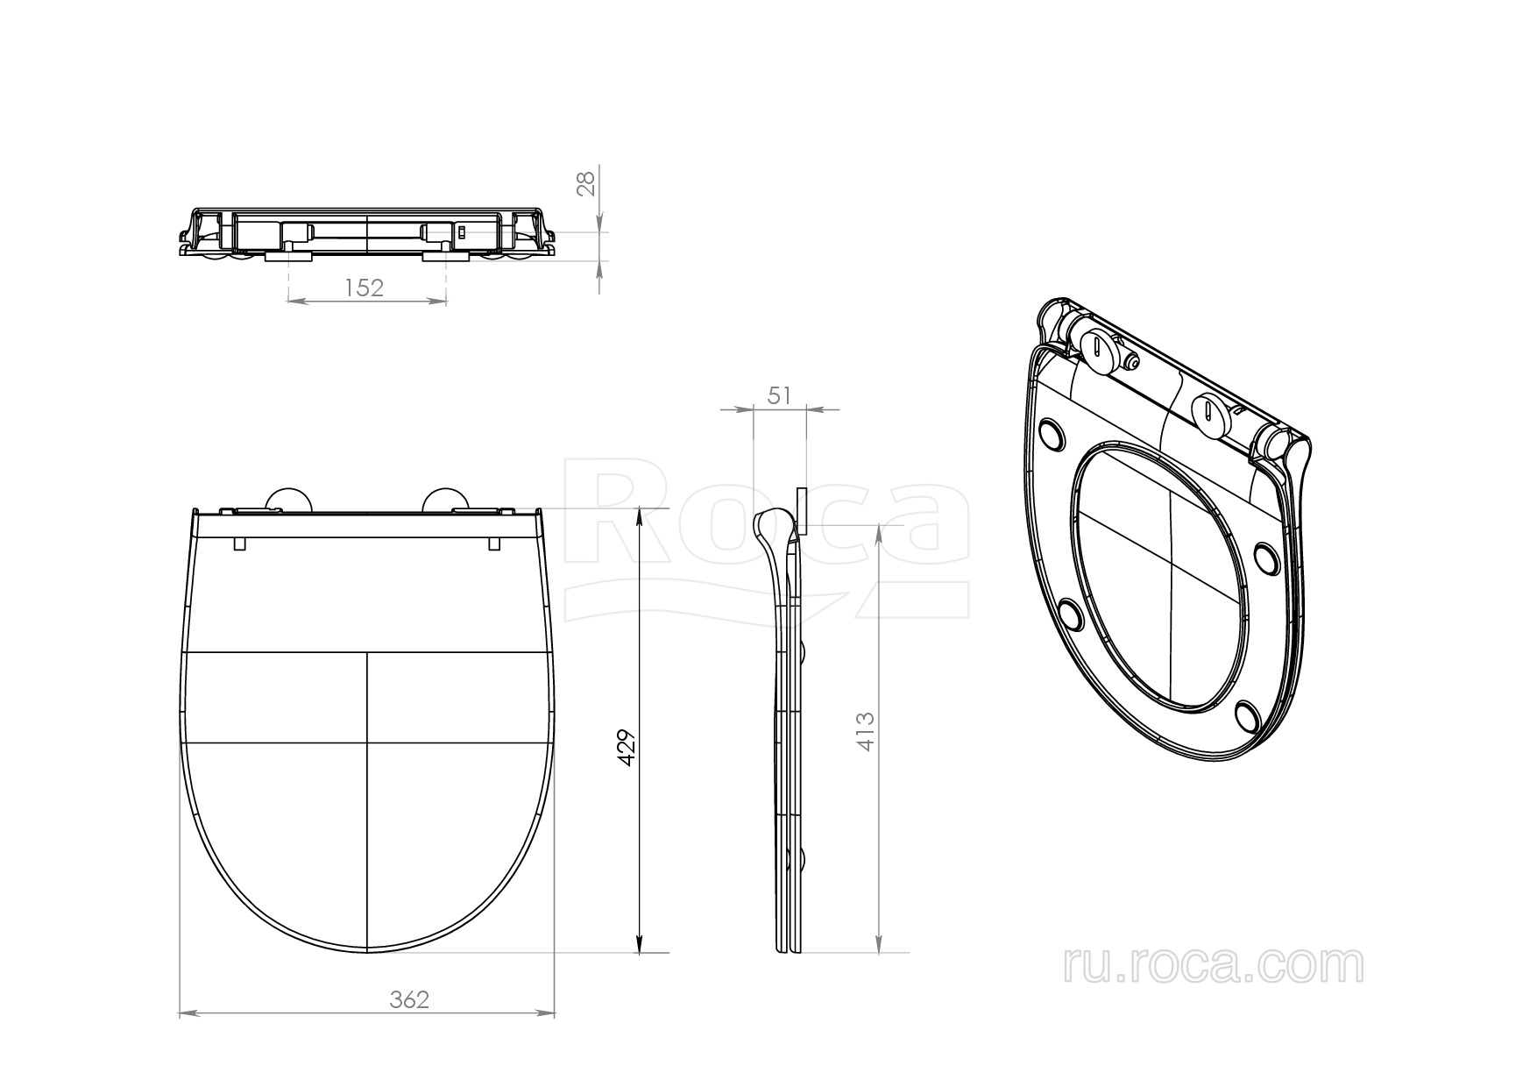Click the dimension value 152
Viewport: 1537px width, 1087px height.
[x=365, y=288]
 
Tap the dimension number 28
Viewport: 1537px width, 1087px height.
[x=586, y=182]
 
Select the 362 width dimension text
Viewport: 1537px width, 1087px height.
[x=410, y=999]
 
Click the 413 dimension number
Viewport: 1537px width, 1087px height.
[x=866, y=731]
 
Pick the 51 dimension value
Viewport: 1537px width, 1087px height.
[x=779, y=395]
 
